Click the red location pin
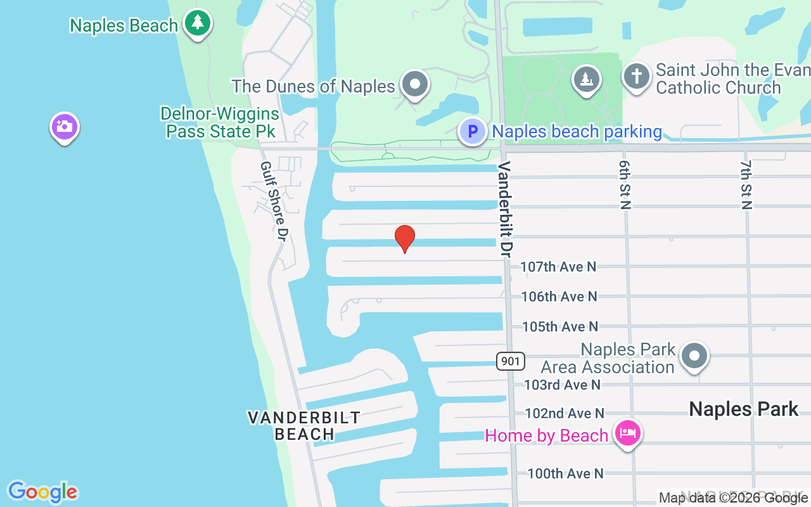tap(405, 238)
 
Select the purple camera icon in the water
tap(64, 127)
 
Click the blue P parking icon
tap(472, 132)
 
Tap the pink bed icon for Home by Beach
tap(627, 434)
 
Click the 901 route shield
tap(510, 361)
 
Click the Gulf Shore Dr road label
tap(274, 201)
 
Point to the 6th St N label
tap(625, 184)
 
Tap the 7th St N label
tap(746, 184)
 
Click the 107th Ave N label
tap(558, 267)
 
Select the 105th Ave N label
tap(560, 326)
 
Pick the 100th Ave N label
tap(565, 473)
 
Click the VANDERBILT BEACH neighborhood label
tap(304, 426)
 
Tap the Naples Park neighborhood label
tap(743, 409)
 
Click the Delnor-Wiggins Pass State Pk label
tap(220, 122)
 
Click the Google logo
tap(43, 492)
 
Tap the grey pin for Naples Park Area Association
tap(694, 357)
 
